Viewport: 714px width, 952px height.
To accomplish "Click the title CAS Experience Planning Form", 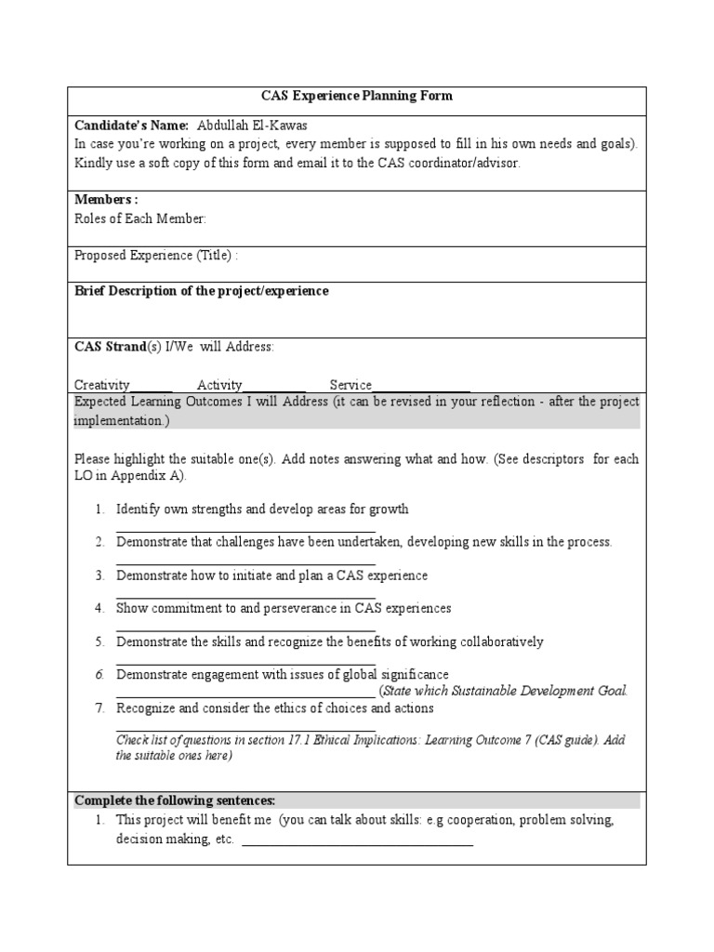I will click(356, 96).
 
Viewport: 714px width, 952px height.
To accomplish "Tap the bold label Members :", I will click(106, 200).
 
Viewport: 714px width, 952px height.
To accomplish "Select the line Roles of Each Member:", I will click(140, 218).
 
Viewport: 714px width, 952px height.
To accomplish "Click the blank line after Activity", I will click(274, 389).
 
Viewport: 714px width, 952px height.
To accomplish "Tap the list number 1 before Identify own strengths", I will click(99, 509).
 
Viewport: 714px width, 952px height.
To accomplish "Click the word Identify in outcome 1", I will click(138, 509).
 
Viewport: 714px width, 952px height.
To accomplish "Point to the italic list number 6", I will click(99, 675).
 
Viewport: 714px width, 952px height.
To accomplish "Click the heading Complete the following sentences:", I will click(175, 800).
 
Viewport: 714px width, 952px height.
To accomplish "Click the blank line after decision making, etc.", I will click(357, 843).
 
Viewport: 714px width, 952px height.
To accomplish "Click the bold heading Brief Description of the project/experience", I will click(201, 291).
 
